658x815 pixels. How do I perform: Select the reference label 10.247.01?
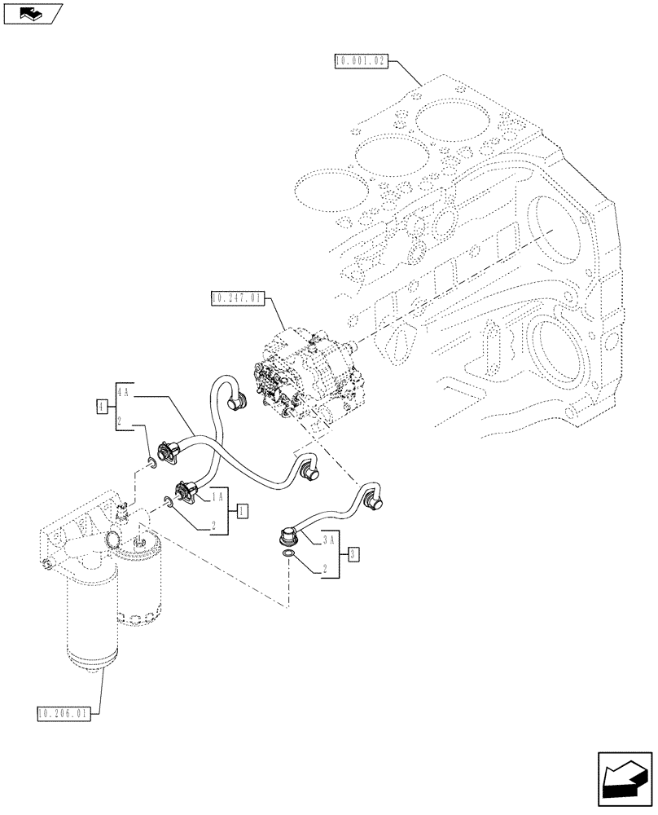(x=235, y=299)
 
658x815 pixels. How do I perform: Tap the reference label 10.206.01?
(x=65, y=715)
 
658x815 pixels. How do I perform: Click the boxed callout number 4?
(x=101, y=405)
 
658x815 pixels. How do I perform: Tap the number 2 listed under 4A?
(x=120, y=421)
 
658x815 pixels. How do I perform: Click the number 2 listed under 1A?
(x=213, y=526)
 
